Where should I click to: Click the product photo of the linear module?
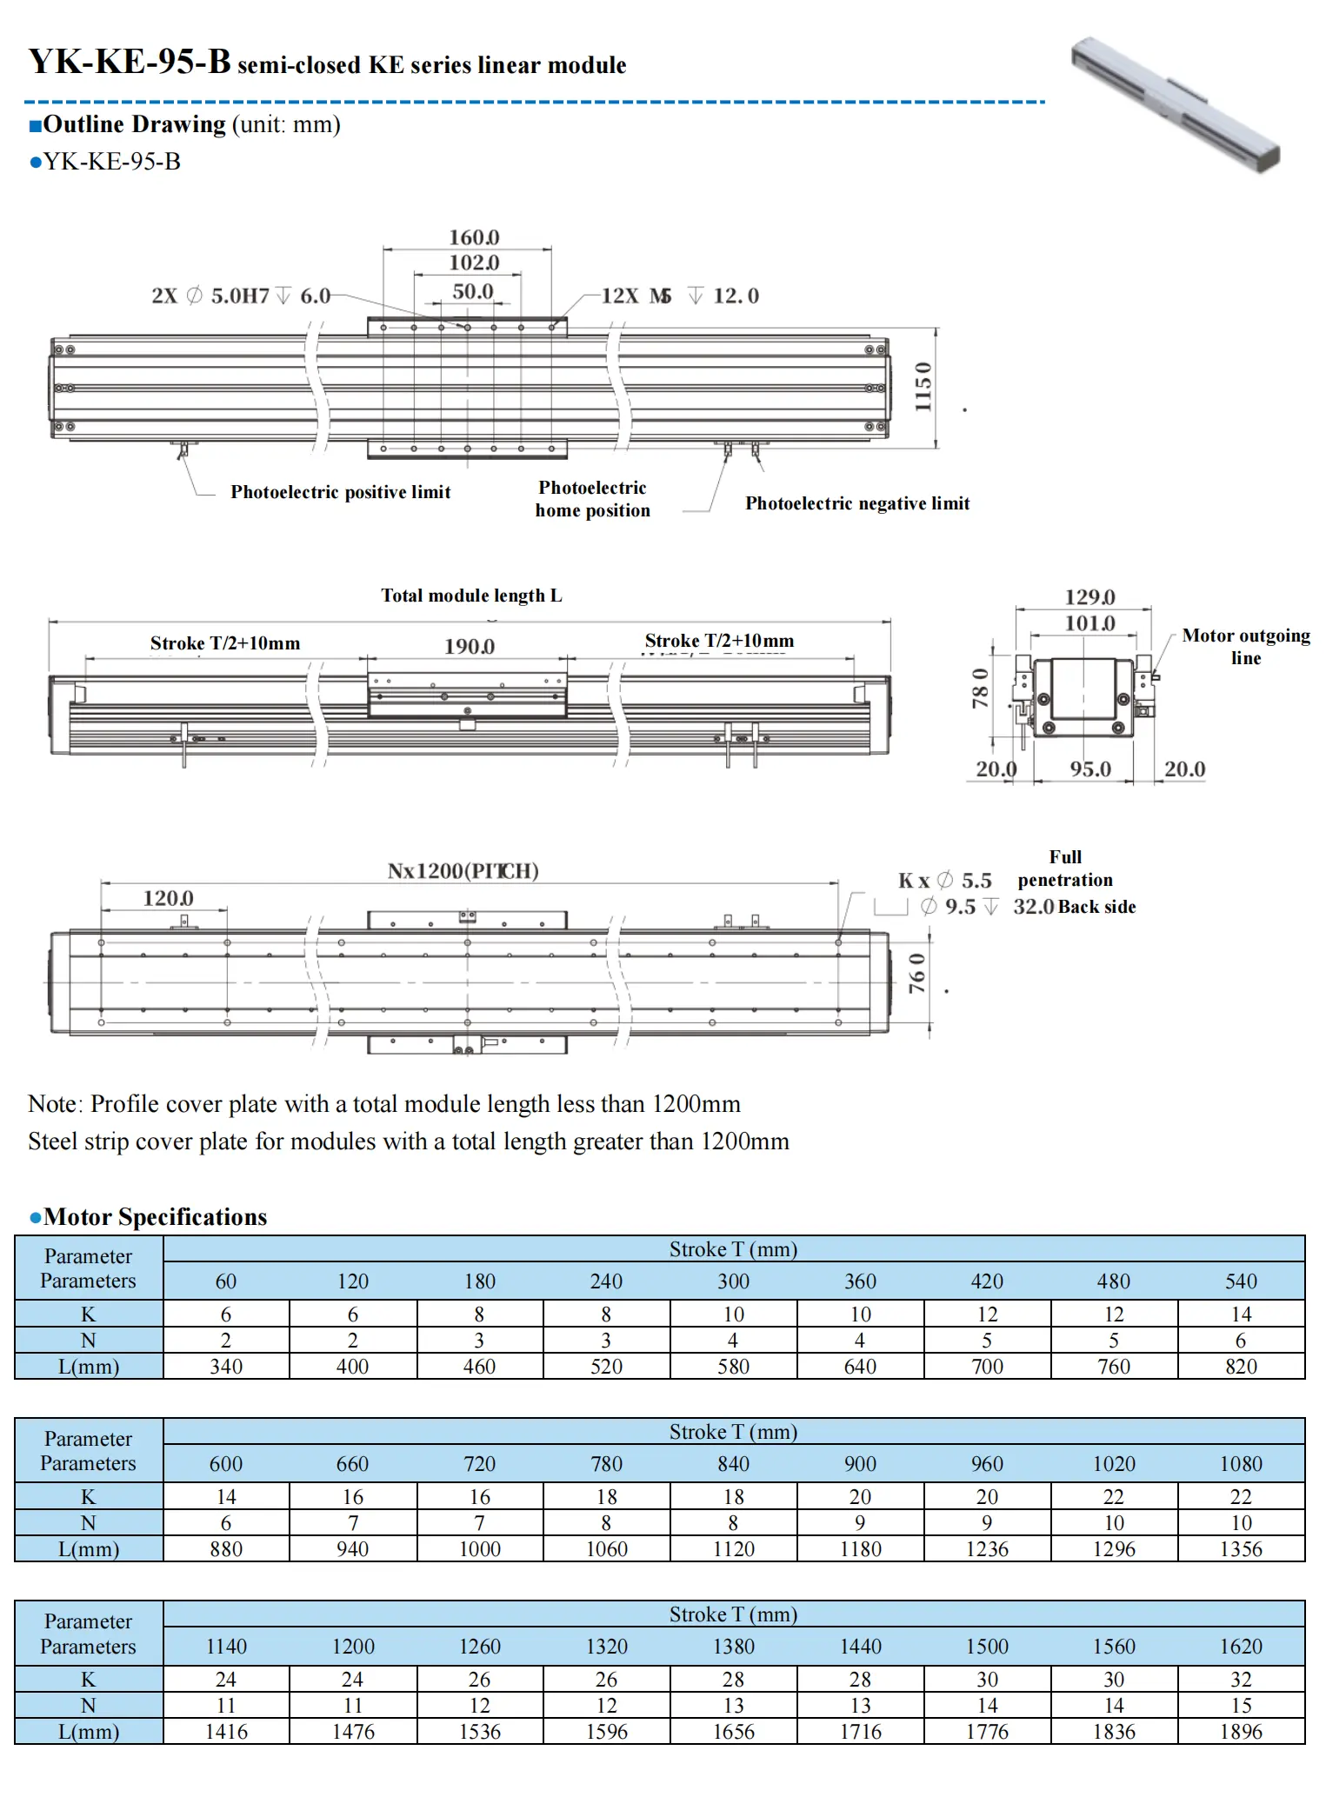click(1176, 103)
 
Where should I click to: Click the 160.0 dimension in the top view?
click(474, 237)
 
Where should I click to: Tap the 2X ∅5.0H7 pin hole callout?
click(241, 296)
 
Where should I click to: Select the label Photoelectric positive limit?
click(340, 492)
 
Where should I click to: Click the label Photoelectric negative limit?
click(856, 503)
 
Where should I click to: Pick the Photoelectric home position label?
click(592, 499)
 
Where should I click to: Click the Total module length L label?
click(471, 596)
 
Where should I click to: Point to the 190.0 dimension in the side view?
click(470, 646)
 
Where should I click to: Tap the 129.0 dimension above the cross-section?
click(1089, 597)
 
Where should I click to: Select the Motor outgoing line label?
click(1245, 646)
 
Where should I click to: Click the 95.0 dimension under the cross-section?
click(1090, 769)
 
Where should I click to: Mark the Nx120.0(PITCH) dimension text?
click(463, 871)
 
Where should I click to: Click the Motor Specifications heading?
click(155, 1217)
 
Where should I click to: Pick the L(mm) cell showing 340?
click(226, 1367)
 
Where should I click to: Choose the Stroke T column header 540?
click(1241, 1281)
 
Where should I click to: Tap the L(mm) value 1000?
click(480, 1549)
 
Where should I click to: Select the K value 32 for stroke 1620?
click(1241, 1680)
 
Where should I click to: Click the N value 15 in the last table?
click(1241, 1706)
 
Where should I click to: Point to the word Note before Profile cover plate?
click(53, 1104)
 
